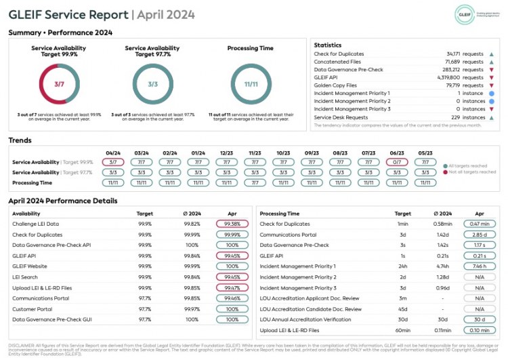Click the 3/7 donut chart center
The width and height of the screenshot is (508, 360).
[60, 84]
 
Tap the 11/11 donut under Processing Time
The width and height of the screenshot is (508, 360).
[251, 84]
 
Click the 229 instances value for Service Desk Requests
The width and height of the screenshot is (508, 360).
[460, 117]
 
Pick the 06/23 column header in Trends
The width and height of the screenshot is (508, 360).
[397, 153]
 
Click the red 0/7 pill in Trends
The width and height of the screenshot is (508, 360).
[397, 163]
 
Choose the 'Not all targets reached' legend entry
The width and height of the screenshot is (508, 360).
[473, 173]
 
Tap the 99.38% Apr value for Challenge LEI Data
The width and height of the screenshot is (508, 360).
[232, 224]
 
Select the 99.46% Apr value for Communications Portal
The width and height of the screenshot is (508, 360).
[232, 298]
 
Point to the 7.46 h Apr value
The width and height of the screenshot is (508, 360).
[480, 266]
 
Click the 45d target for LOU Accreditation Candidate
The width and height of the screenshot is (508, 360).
[403, 309]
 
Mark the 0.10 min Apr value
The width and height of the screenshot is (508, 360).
[480, 330]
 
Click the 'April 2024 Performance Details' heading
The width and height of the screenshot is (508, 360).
[63, 201]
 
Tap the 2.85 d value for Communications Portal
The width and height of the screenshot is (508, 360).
[480, 235]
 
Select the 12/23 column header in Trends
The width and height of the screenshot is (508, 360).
[227, 153]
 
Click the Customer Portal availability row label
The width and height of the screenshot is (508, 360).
[32, 308]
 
